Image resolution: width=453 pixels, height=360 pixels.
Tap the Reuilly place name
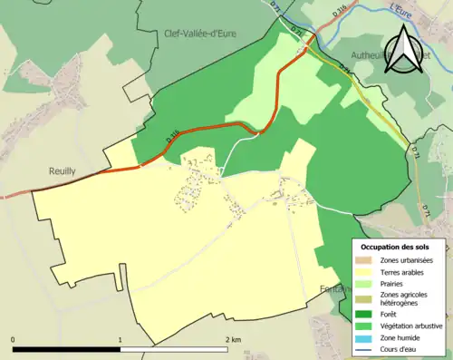point(66,170)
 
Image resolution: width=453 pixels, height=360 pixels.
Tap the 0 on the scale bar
point(13,339)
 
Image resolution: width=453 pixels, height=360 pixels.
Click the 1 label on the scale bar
point(120,339)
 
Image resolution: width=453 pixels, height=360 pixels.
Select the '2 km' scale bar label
point(233,339)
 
